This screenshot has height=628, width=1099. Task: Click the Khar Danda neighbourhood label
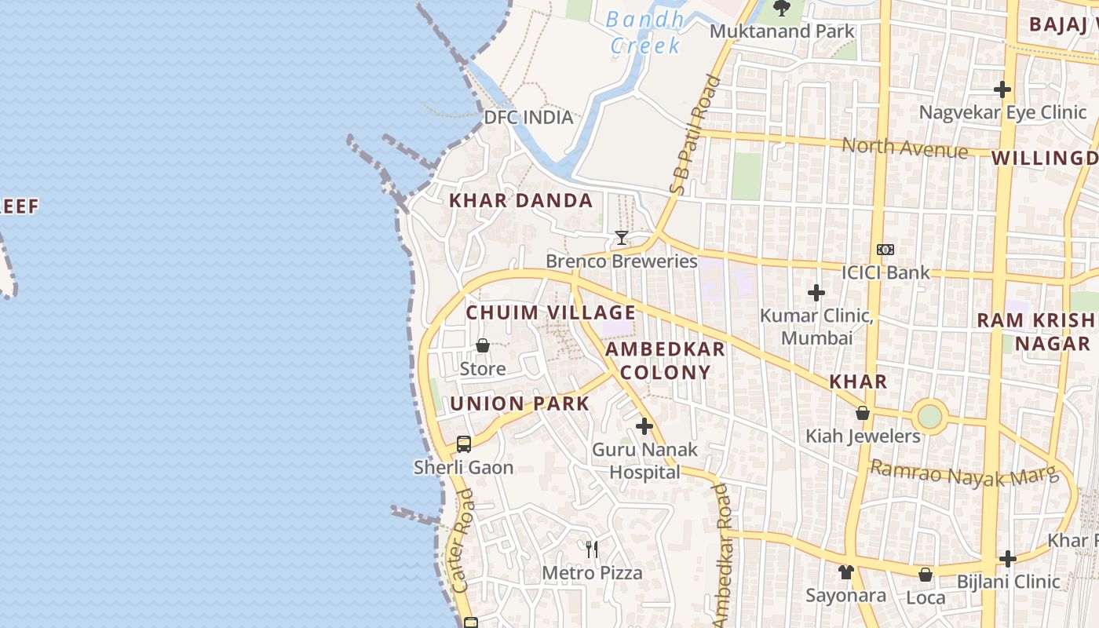pyautogui.click(x=520, y=201)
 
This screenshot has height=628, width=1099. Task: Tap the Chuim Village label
pyautogui.click(x=550, y=312)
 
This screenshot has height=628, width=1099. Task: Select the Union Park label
pyautogui.click(x=519, y=404)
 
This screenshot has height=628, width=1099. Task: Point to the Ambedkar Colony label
pyautogui.click(x=666, y=360)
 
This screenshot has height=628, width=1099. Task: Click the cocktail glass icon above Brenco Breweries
pyautogui.click(x=622, y=237)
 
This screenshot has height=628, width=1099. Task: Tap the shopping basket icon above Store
pyautogui.click(x=483, y=345)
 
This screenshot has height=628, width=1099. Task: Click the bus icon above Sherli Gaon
pyautogui.click(x=464, y=444)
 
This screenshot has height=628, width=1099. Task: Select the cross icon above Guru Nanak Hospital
pyautogui.click(x=644, y=426)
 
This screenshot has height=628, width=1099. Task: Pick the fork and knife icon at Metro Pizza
pyautogui.click(x=592, y=549)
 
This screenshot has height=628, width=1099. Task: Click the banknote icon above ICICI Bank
pyautogui.click(x=885, y=250)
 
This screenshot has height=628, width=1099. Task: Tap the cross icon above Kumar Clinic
pyautogui.click(x=816, y=293)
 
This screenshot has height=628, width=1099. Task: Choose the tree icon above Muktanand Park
pyautogui.click(x=781, y=9)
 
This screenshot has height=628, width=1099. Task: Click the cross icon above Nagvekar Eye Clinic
pyautogui.click(x=1002, y=89)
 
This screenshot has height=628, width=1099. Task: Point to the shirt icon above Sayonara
pyautogui.click(x=845, y=572)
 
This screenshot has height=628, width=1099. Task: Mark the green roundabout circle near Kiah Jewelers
pyautogui.click(x=929, y=416)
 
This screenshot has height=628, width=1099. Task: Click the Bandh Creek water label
pyautogui.click(x=644, y=32)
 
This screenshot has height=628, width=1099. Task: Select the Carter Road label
pyautogui.click(x=464, y=541)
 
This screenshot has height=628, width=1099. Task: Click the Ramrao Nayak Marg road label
pyautogui.click(x=964, y=473)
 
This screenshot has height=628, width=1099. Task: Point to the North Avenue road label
pyautogui.click(x=904, y=147)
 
